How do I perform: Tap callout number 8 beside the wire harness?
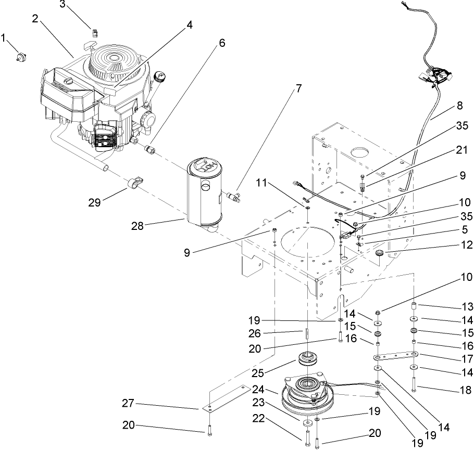pos(459,105)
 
